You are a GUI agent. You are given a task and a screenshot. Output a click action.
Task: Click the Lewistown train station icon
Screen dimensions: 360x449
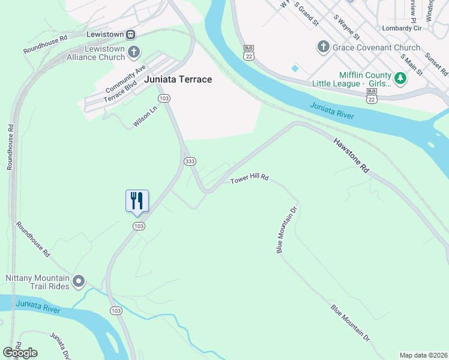pos(131,34)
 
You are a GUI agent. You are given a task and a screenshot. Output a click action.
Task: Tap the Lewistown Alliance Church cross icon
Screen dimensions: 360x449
pos(133,52)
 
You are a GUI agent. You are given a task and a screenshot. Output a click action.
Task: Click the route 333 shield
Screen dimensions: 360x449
pos(190,161)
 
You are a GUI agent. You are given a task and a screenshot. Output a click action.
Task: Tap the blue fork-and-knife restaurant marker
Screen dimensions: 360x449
pos(137,200)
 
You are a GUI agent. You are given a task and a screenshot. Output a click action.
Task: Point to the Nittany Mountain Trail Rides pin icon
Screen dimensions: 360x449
pos(79,281)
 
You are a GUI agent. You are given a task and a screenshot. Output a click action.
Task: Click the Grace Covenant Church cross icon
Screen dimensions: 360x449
pos(322,47)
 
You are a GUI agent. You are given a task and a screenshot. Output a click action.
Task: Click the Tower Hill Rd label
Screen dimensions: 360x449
pos(249,179)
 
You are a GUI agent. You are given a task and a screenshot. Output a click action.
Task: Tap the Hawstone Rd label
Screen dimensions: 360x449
pos(351,155)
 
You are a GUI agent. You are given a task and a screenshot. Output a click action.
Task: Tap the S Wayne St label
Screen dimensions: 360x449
pos(346,28)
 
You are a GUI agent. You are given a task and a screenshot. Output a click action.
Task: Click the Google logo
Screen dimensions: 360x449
pos(20,353)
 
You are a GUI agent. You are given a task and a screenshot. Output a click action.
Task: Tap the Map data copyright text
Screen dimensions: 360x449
pos(423,355)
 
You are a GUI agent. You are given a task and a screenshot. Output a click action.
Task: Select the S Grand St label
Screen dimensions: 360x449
pos(306,14)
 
